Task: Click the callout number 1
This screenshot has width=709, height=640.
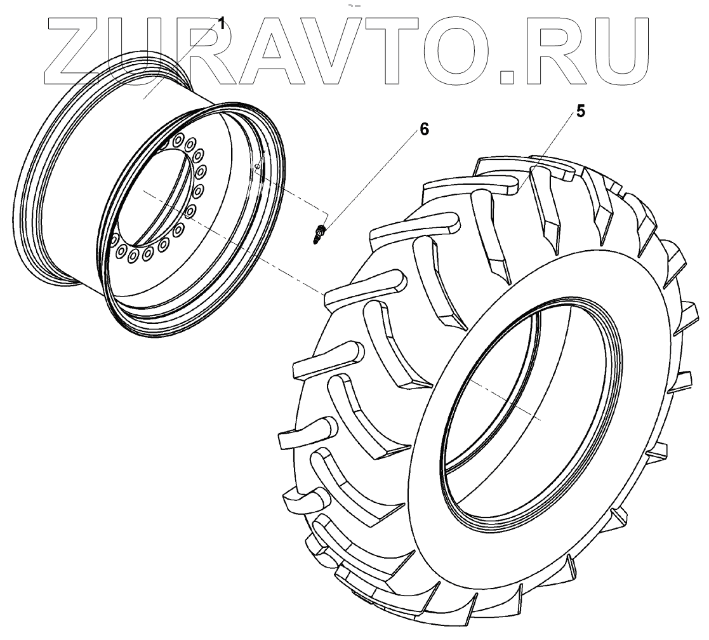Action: pyautogui.click(x=221, y=23)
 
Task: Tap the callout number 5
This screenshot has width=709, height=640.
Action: pyautogui.click(x=581, y=111)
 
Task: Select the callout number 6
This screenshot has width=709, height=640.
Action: pyautogui.click(x=423, y=130)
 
